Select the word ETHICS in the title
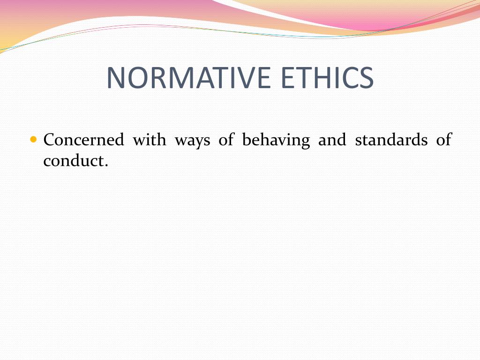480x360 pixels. [328, 78]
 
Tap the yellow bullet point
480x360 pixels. [33, 139]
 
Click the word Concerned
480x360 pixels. [83, 140]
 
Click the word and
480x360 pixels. [332, 140]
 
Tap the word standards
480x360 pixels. [391, 140]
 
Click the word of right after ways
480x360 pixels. [226, 140]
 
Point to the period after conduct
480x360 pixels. [106, 165]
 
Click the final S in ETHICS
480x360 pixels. [366, 78]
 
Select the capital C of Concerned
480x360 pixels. [48, 140]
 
